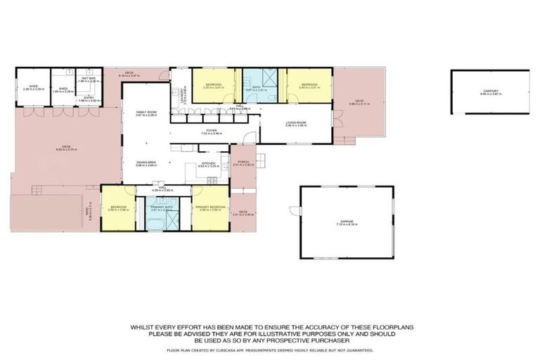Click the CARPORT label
(490, 91)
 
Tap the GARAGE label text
(347, 221)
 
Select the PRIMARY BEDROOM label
(210, 207)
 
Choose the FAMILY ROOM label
(146, 112)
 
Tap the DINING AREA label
(146, 163)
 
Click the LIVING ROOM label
(295, 123)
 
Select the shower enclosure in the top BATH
(269, 77)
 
